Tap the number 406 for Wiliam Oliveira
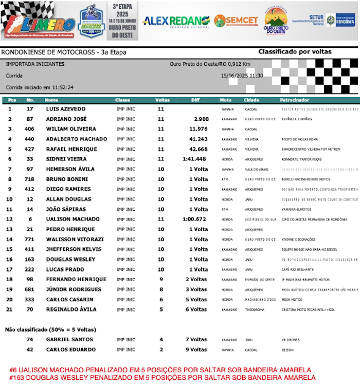click(30, 129)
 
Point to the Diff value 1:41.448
click(195, 159)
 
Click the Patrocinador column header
click(295, 100)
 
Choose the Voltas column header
click(163, 100)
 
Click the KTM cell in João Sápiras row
click(224, 209)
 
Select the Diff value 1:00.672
click(195, 219)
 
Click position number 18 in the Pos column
click(9, 280)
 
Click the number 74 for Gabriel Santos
click(30, 340)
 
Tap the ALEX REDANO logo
click(176, 21)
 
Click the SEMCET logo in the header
click(237, 21)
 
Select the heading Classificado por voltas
click(295, 52)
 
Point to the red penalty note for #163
click(163, 378)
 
